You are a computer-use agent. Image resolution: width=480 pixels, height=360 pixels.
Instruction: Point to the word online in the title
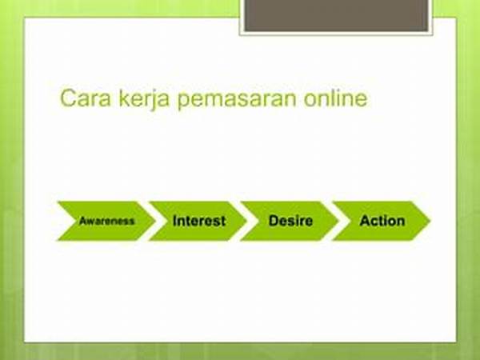[x=339, y=99]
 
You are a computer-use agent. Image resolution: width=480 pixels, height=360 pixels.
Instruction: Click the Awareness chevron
[x=104, y=221]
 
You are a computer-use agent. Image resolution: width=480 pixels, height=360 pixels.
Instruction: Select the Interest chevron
[x=198, y=221]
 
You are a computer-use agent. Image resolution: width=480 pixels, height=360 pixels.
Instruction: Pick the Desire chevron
[x=290, y=221]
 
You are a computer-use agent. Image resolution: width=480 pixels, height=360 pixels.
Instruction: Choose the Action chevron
[x=382, y=221]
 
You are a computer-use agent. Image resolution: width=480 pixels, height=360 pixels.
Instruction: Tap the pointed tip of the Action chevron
[x=429, y=221]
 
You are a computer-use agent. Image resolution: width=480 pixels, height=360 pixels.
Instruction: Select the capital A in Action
[x=365, y=221]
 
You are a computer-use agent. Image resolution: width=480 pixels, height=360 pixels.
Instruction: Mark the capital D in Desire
[x=272, y=221]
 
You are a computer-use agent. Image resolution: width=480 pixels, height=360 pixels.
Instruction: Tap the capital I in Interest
[x=174, y=221]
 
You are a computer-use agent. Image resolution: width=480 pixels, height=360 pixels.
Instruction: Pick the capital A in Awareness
[x=82, y=221]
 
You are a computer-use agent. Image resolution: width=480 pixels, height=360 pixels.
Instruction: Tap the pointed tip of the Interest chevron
[x=246, y=221]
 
